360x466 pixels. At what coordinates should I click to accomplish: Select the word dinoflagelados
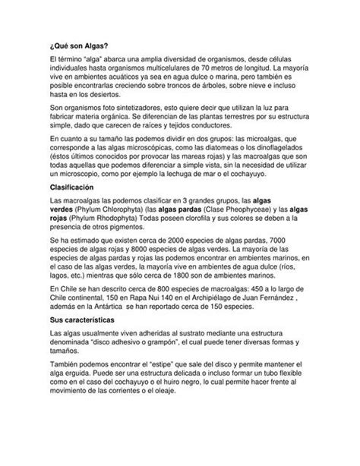(x=284, y=150)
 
